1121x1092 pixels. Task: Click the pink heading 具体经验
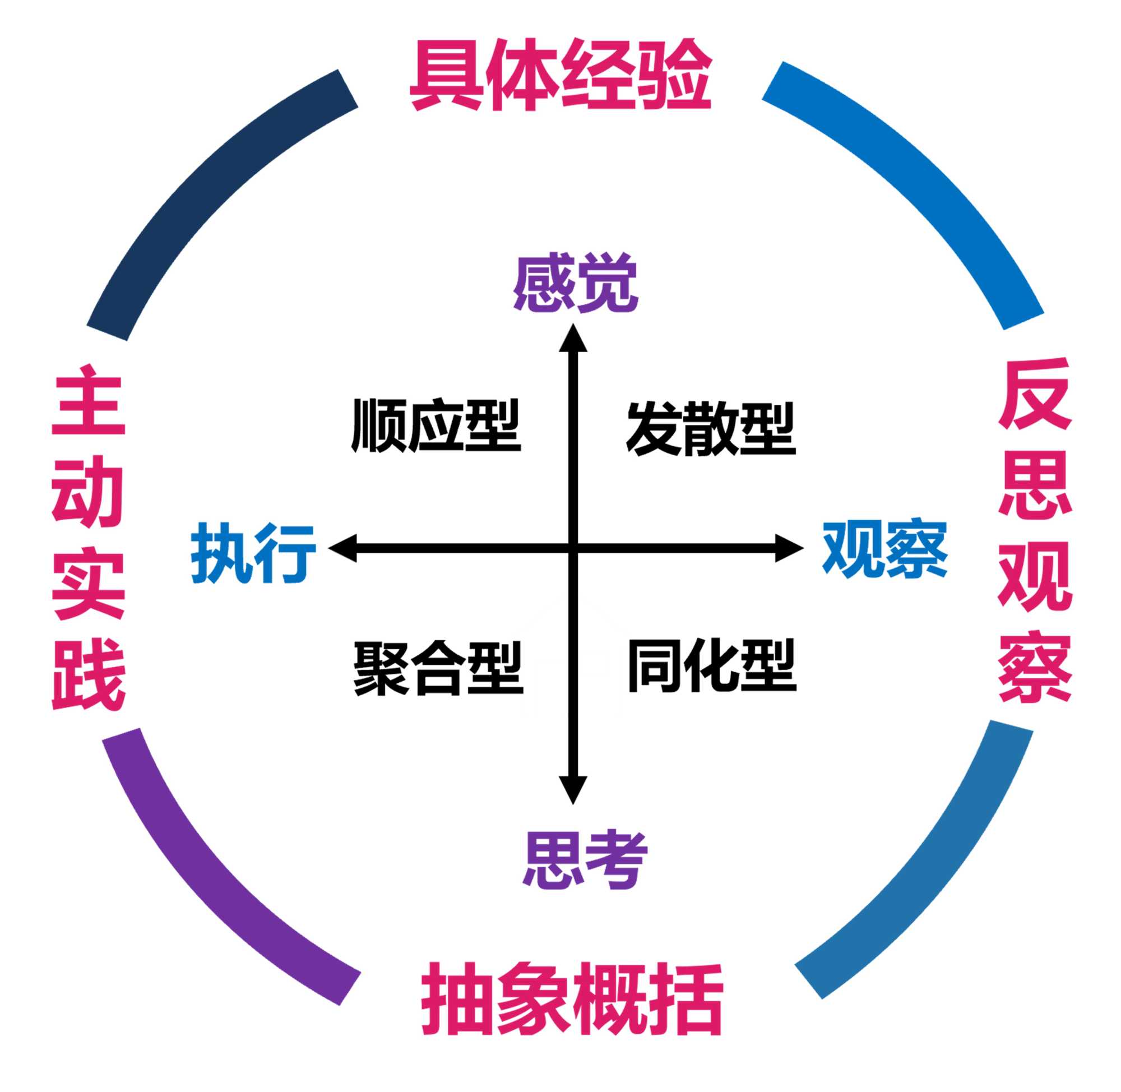[561, 75]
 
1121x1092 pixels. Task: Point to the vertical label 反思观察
[1035, 530]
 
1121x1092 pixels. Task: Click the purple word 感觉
[575, 283]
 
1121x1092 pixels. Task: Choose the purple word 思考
[585, 859]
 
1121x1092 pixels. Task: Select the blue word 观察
[885, 549]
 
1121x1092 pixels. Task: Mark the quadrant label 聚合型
[438, 668]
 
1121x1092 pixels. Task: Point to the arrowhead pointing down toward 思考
[573, 789]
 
